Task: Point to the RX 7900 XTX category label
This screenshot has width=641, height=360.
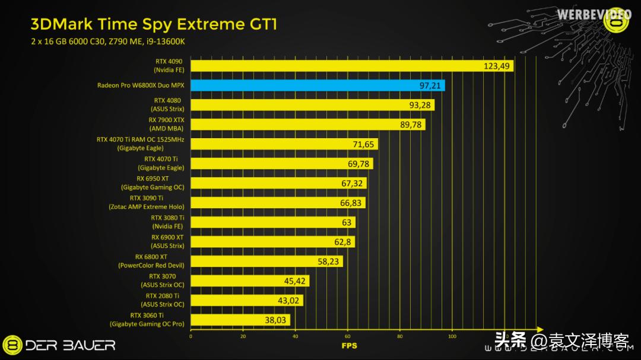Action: click(166, 124)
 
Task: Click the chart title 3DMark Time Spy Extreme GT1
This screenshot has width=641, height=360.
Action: click(154, 24)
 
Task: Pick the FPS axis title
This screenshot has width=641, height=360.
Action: click(349, 345)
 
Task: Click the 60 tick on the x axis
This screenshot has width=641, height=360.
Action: click(347, 336)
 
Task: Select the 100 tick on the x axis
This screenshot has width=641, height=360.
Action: click(452, 336)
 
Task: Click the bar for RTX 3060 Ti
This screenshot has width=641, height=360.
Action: click(240, 320)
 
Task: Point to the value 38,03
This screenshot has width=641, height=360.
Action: click(276, 320)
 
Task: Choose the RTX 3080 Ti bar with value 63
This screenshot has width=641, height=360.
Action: click(273, 222)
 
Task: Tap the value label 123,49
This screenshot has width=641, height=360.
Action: click(497, 66)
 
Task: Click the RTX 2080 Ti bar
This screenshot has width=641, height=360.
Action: click(246, 301)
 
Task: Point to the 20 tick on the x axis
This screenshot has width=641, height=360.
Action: click(243, 336)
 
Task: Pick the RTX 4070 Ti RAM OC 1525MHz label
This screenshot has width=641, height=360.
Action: click(140, 144)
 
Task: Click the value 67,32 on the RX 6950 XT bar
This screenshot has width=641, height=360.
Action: click(352, 183)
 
